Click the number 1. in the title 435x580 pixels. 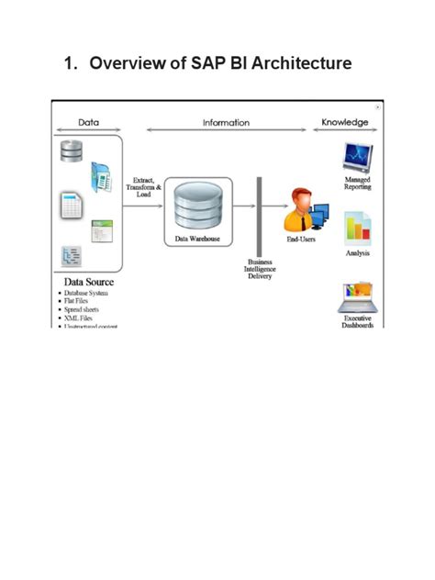72,63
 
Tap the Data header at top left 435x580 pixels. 88,122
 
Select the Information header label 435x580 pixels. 226,122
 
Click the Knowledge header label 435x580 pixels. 344,122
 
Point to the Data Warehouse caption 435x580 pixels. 198,239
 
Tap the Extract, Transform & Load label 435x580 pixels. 143,187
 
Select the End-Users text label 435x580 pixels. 301,239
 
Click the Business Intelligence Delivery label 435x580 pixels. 260,269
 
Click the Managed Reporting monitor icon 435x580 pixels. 356,157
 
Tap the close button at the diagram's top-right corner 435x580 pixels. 378,107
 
